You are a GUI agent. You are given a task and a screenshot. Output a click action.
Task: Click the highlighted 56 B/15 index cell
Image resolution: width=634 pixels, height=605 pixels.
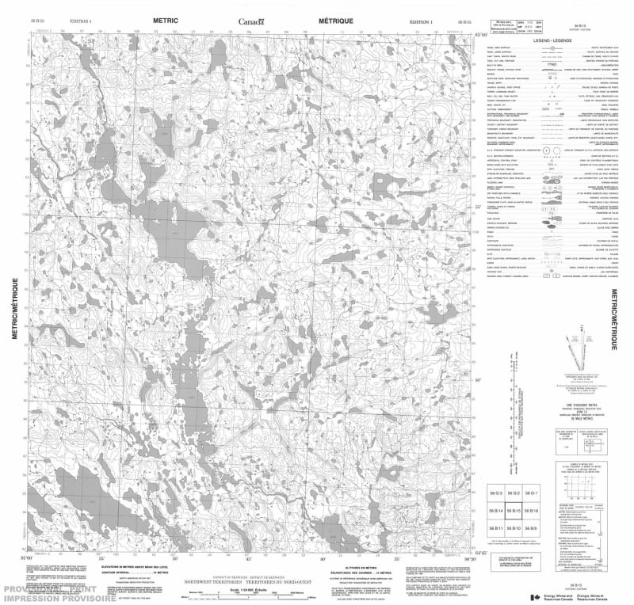point(514,511)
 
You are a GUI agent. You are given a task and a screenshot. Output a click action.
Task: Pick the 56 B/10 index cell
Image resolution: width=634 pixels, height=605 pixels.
point(514,528)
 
